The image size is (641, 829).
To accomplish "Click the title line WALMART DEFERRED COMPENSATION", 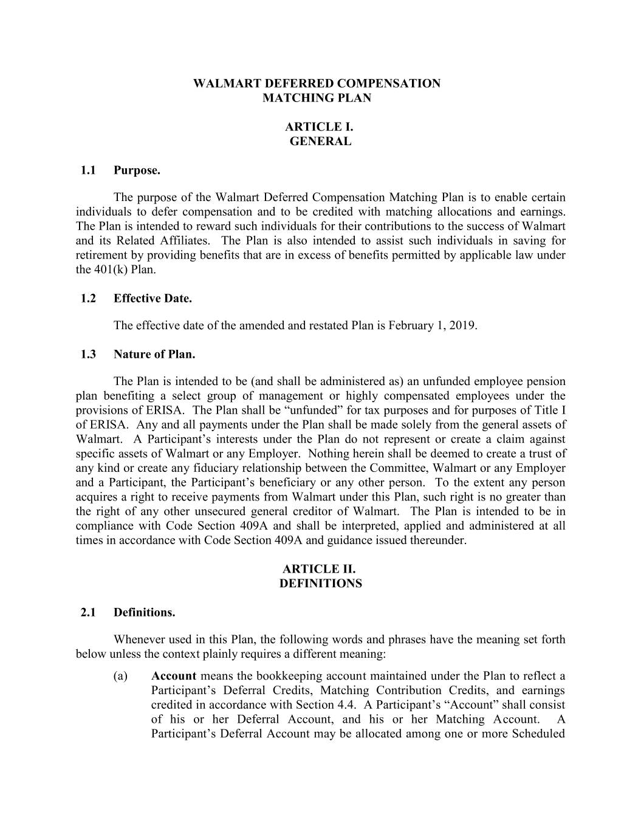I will [317, 83].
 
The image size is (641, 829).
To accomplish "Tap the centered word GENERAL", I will [320, 142].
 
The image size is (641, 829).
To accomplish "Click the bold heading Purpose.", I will [137, 171].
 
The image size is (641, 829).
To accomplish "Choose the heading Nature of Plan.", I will [154, 354].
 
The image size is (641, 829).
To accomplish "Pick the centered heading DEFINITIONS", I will [320, 584].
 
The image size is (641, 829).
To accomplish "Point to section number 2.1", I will [88, 612].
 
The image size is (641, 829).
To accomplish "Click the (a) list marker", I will [120, 676].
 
